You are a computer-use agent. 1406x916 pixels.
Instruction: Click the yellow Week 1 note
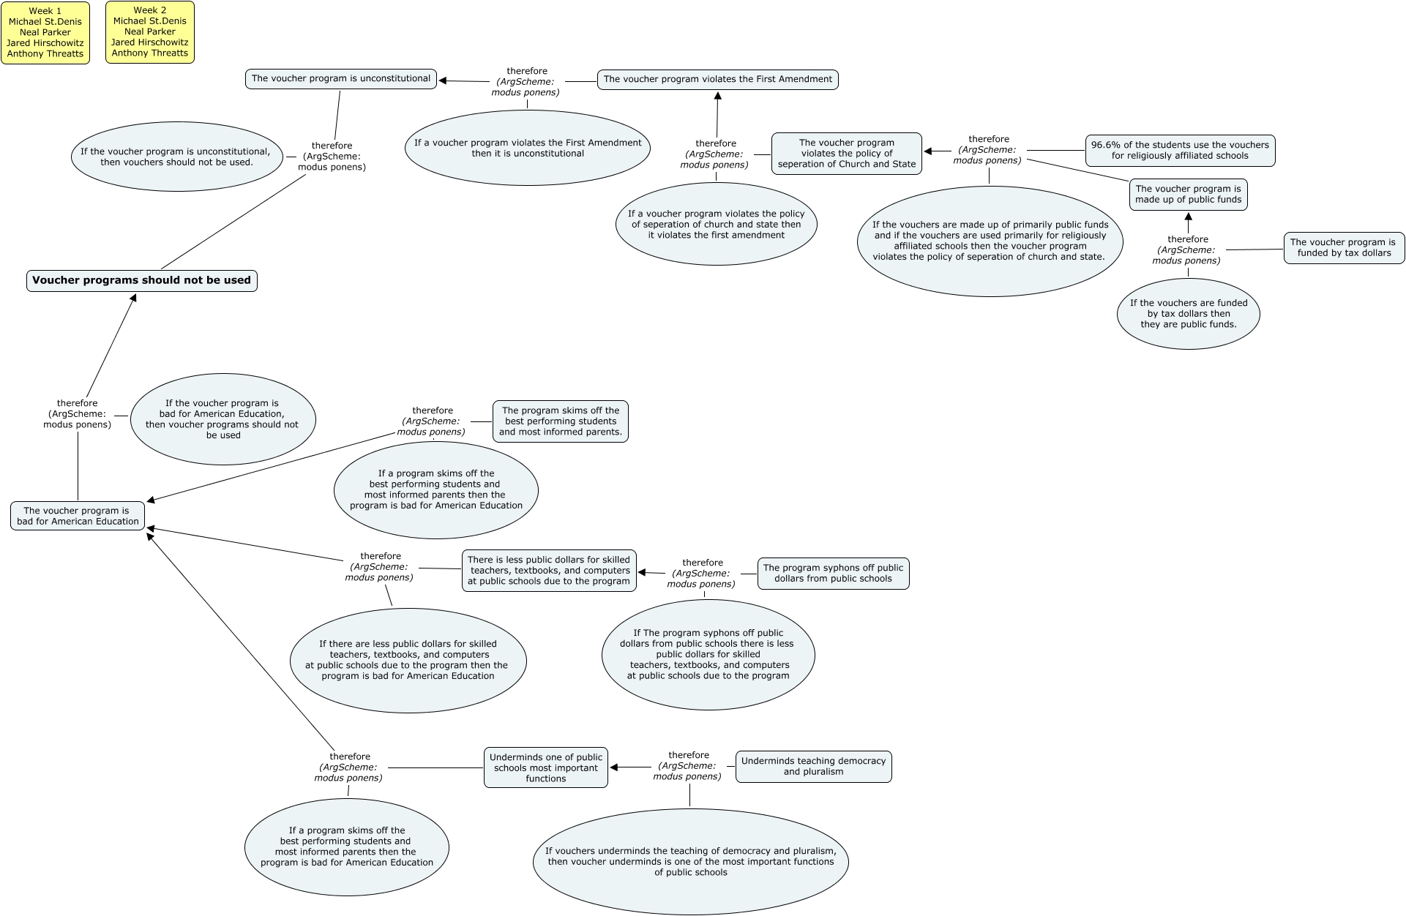click(45, 33)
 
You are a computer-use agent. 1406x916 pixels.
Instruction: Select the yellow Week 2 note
click(150, 32)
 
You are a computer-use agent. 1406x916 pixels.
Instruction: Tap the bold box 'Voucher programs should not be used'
click(142, 281)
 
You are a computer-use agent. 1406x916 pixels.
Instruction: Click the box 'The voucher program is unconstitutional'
click(341, 79)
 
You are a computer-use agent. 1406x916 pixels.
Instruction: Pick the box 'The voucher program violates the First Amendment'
click(717, 80)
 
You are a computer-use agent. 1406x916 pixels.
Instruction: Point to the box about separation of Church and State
click(847, 154)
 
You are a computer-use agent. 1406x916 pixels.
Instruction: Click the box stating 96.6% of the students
click(1180, 151)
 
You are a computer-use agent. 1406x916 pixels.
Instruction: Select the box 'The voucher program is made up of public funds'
click(1188, 195)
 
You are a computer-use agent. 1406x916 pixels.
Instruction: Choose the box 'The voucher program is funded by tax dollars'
click(1344, 248)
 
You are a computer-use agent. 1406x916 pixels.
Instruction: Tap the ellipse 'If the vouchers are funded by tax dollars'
click(1188, 314)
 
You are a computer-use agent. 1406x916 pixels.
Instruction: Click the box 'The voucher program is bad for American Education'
click(78, 517)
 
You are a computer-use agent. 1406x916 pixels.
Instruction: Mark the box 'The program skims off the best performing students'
click(561, 421)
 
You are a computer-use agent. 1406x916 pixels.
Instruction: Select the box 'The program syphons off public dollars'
click(833, 573)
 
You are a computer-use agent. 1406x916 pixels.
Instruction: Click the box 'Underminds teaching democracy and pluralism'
click(813, 767)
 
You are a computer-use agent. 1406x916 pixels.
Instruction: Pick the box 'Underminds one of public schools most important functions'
click(546, 768)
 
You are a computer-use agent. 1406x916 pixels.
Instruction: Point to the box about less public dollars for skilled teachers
click(549, 571)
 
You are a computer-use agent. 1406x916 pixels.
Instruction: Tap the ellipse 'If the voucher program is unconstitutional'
click(176, 157)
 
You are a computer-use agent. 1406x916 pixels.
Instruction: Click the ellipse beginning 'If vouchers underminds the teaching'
click(691, 862)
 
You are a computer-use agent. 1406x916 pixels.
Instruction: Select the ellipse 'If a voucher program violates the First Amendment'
click(528, 149)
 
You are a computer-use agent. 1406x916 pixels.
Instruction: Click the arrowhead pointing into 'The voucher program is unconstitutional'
click(444, 80)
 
